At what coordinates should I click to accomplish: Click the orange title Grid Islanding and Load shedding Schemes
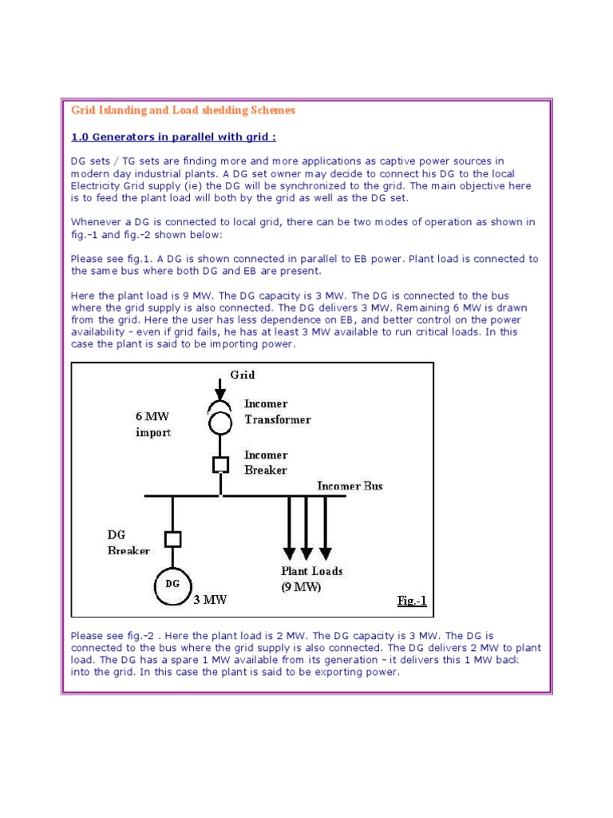click(x=184, y=110)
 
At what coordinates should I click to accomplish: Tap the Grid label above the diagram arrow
click(x=243, y=374)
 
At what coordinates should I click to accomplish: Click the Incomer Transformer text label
click(x=277, y=412)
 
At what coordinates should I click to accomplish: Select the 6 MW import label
click(x=153, y=424)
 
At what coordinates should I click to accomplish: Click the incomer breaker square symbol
click(x=220, y=463)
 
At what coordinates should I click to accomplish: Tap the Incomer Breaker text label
click(x=266, y=463)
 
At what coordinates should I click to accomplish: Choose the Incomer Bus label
click(x=350, y=486)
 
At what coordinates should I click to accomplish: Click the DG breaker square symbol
click(x=172, y=539)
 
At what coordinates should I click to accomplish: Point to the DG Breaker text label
click(x=129, y=542)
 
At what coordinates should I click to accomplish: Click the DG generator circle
click(x=172, y=584)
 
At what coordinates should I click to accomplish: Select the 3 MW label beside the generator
click(x=211, y=600)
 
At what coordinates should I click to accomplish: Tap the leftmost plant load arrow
click(x=289, y=527)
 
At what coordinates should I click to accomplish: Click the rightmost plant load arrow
click(x=325, y=527)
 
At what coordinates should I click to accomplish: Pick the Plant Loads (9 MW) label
click(x=312, y=579)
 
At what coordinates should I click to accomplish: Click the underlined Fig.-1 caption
click(x=412, y=601)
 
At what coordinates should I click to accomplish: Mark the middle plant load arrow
click(x=307, y=527)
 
